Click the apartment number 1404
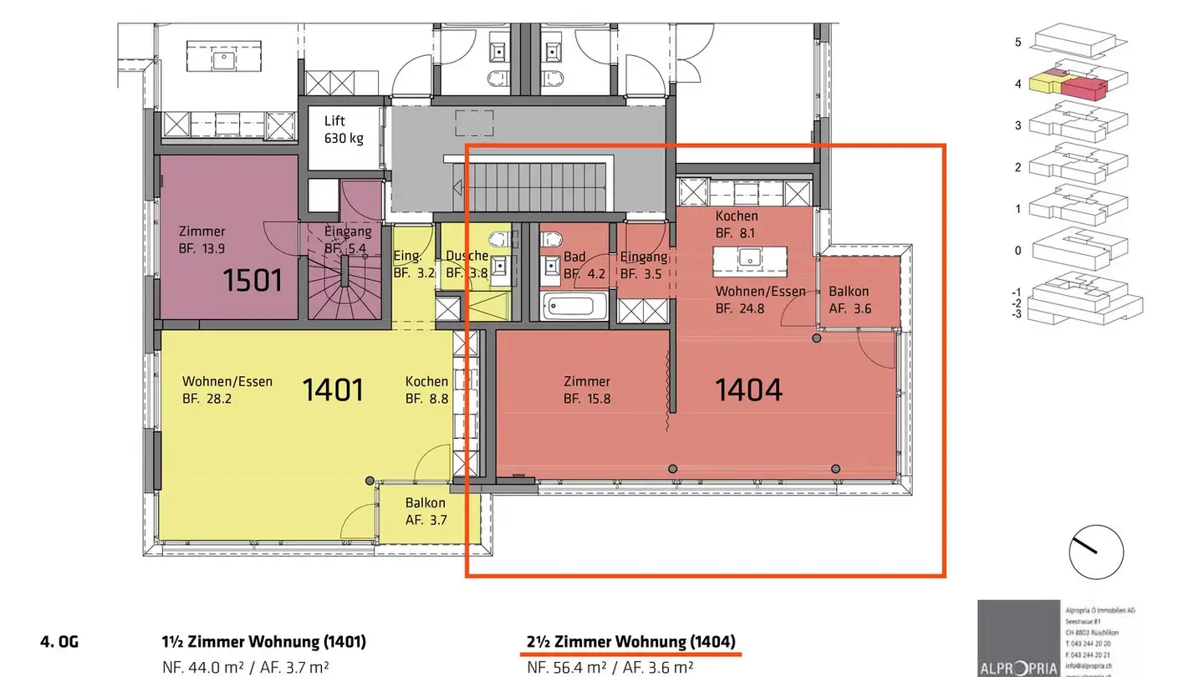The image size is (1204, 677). pyautogui.click(x=748, y=389)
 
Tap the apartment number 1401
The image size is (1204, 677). pyautogui.click(x=332, y=389)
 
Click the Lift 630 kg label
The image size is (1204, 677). pyautogui.click(x=344, y=130)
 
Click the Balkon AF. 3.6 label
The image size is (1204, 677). pyautogui.click(x=849, y=299)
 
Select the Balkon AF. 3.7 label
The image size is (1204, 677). pyautogui.click(x=426, y=511)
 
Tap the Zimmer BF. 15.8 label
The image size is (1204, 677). pyautogui.click(x=586, y=390)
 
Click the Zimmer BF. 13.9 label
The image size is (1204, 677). pyautogui.click(x=202, y=239)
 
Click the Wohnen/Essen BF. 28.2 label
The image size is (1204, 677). pyautogui.click(x=227, y=389)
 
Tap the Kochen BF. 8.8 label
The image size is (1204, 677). pyautogui.click(x=426, y=390)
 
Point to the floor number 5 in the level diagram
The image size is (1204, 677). pyautogui.click(x=1018, y=42)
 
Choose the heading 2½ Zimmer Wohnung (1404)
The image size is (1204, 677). pyautogui.click(x=631, y=642)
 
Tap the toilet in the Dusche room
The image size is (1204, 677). pyautogui.click(x=499, y=241)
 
